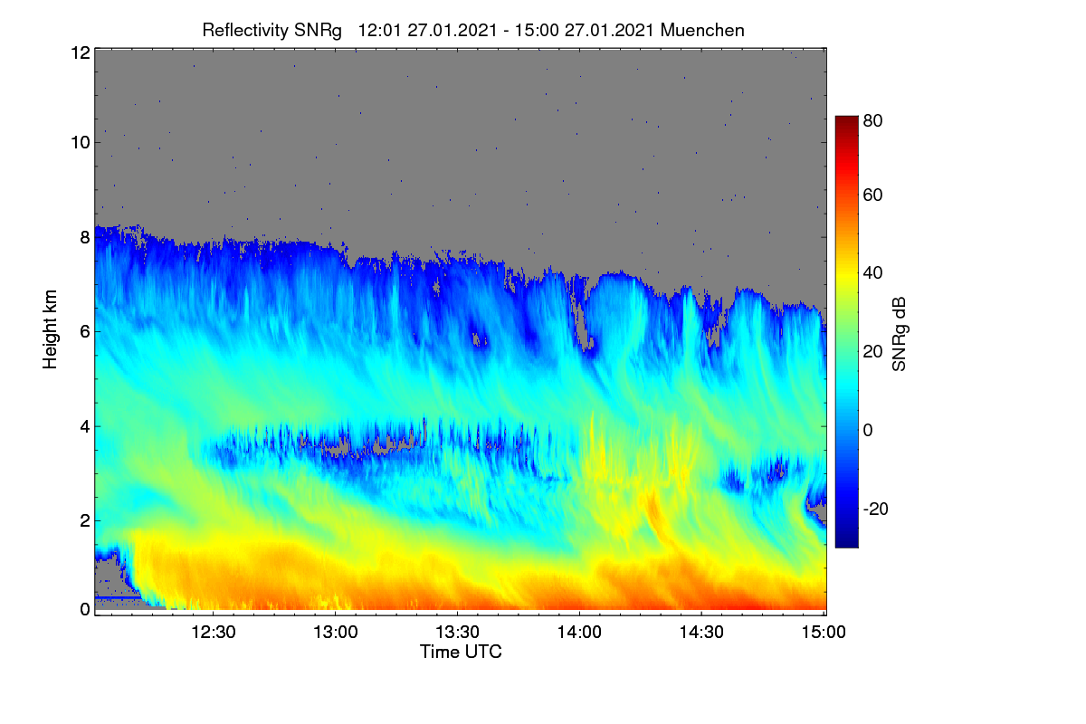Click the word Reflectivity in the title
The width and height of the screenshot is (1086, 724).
[245, 31]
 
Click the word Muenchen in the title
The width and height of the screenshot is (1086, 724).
[702, 31]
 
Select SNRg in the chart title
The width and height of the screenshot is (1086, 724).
[318, 31]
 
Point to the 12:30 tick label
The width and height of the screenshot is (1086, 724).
[213, 633]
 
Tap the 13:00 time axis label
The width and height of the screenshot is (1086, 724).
[335, 633]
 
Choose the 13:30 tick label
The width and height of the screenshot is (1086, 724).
[457, 633]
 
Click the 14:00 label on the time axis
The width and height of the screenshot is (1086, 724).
[579, 633]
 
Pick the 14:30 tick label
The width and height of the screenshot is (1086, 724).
[701, 633]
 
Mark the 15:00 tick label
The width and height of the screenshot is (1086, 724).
[824, 633]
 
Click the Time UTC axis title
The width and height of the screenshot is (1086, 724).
[461, 653]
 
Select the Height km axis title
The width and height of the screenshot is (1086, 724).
[50, 329]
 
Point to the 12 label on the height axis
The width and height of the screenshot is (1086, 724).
[81, 52]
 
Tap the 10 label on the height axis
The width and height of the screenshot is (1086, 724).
[81, 143]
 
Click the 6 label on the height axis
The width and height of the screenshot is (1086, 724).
[85, 332]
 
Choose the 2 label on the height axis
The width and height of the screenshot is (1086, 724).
[85, 520]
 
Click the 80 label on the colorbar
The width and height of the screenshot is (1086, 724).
[872, 120]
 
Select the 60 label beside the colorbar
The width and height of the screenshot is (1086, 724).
[872, 195]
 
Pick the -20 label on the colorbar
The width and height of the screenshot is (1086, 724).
[876, 510]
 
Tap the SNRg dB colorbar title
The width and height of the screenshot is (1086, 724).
[900, 335]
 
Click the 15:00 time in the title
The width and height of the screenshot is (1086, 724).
[537, 31]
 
